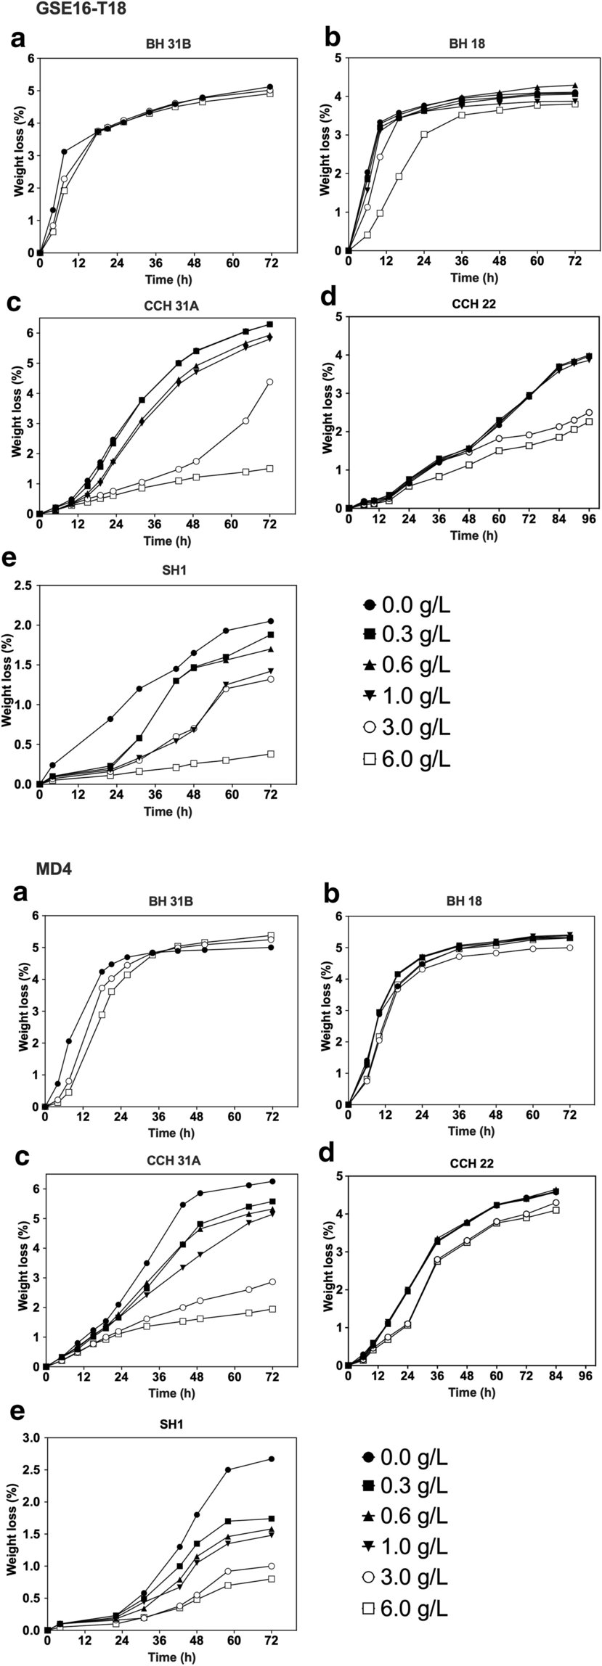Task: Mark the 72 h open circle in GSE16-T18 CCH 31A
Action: [269, 382]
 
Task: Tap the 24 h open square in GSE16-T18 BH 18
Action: [424, 135]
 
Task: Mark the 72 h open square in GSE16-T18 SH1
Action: [271, 754]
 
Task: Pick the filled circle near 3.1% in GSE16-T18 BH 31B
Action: [64, 152]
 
